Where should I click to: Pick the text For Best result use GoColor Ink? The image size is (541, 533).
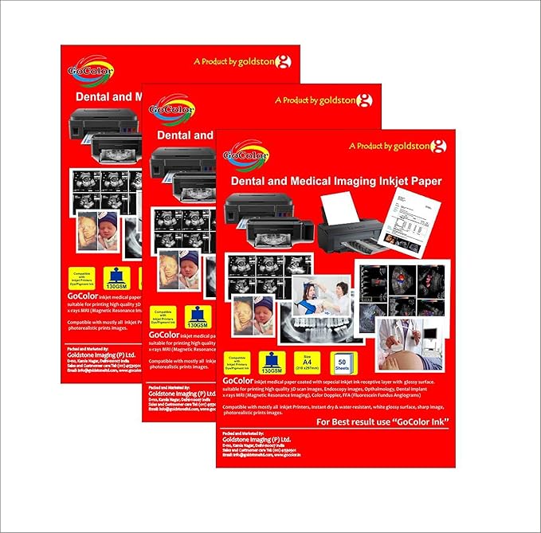click(x=382, y=421)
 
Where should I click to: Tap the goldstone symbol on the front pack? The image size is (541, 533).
click(x=438, y=146)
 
